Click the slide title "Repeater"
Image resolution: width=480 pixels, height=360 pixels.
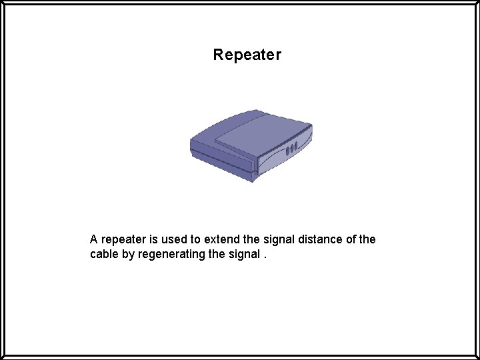(x=247, y=55)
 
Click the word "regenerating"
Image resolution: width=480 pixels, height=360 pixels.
(x=171, y=255)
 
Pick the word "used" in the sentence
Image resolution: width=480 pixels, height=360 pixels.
(x=175, y=239)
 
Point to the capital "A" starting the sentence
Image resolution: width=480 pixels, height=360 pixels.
(x=94, y=239)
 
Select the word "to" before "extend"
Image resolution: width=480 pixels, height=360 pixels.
(x=196, y=239)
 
